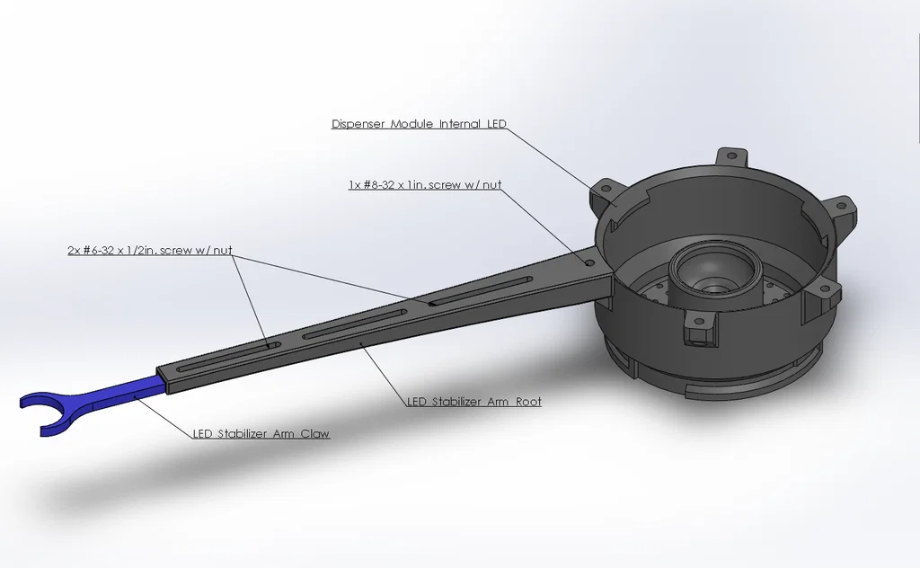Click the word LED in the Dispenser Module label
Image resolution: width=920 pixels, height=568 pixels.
coord(496,124)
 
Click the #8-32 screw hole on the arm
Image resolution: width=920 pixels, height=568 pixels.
coord(589,263)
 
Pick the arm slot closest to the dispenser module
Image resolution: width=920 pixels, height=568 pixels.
coord(482,290)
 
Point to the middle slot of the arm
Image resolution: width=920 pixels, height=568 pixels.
coord(356,324)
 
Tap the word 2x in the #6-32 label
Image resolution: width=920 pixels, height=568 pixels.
coord(74,251)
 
